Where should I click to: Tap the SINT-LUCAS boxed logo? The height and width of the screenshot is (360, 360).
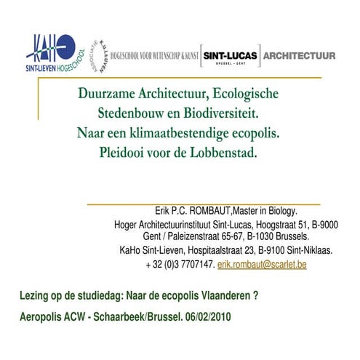click(x=228, y=56)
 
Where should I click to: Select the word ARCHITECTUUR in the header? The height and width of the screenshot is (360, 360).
click(x=299, y=55)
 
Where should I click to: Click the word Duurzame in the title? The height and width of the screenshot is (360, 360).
click(x=111, y=95)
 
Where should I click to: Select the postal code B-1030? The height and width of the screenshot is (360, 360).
click(x=260, y=237)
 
